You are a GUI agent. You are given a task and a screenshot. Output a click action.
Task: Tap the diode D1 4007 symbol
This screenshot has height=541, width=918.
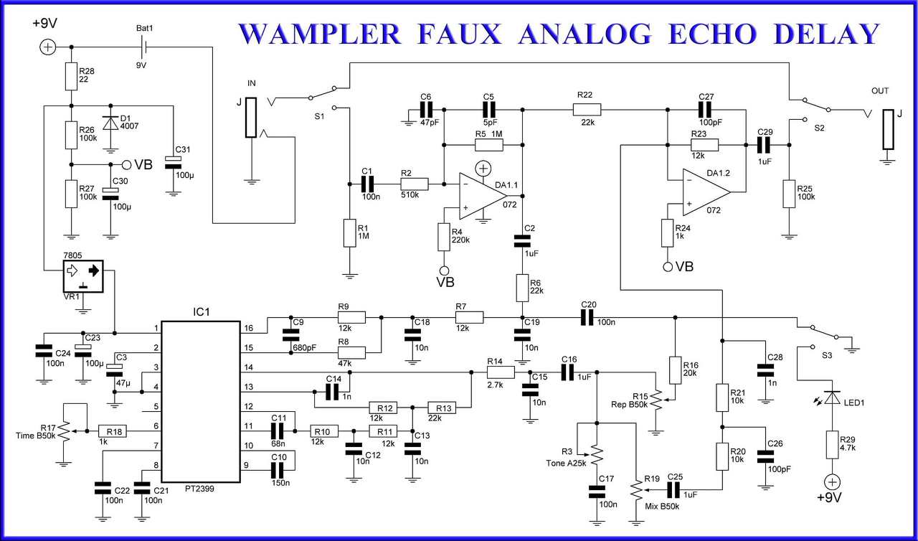tap(110, 123)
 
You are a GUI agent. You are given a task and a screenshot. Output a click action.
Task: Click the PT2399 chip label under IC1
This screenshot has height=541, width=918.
tap(200, 487)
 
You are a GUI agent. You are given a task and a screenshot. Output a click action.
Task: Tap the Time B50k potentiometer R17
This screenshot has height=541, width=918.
tap(65, 431)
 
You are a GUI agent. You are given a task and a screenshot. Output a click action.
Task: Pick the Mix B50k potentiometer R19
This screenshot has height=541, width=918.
tap(637, 490)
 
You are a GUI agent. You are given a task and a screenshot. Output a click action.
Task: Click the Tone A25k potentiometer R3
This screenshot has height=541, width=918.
tap(597, 454)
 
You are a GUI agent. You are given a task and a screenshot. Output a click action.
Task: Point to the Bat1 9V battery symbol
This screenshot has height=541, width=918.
tap(145, 47)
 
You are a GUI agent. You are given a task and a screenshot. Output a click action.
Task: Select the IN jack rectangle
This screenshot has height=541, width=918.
tap(250, 118)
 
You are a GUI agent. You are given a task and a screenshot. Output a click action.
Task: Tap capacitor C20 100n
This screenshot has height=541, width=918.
tap(588, 316)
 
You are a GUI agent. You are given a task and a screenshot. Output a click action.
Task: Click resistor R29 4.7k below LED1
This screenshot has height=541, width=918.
tap(832, 444)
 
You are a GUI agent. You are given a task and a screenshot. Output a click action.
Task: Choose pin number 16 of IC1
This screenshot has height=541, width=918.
tap(249, 328)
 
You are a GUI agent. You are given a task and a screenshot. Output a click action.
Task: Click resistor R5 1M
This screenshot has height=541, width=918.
tap(489, 145)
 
